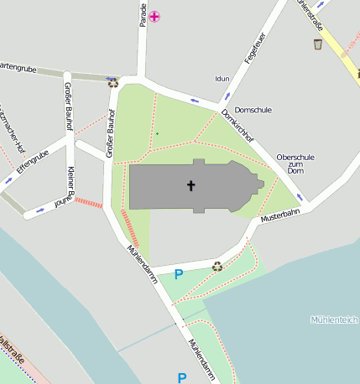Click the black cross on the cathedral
tap(190, 184)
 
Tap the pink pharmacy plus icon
tap(155, 16)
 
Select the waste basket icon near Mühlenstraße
tap(318, 44)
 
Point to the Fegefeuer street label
tap(254, 50)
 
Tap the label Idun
tap(222, 78)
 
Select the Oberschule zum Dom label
tap(295, 163)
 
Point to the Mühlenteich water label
tap(334, 319)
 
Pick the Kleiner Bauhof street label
tap(70, 184)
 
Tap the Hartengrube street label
tap(20, 66)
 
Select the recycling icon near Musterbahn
tap(217, 267)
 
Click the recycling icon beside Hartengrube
tap(113, 82)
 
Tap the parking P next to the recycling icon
tap(178, 273)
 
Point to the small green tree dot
tap(156, 133)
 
